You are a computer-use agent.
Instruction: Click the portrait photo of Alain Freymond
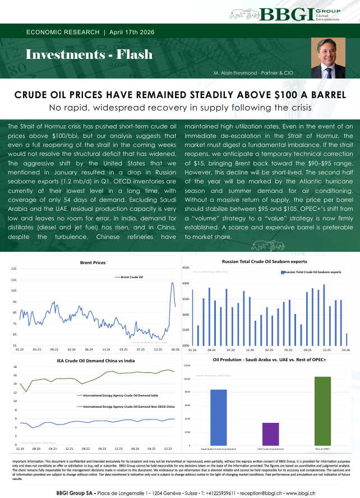coord(328,58)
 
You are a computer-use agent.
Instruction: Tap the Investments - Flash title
coord(89,54)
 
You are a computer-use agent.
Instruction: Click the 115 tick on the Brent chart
coord(14,280)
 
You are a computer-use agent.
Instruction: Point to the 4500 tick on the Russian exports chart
coord(186,268)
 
